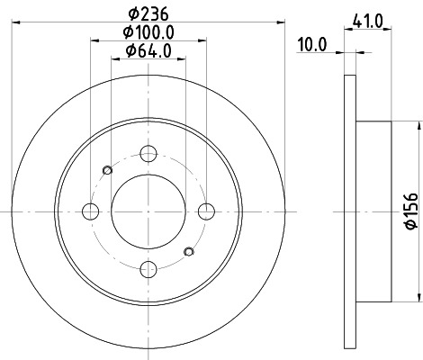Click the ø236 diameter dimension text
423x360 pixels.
coord(149,13)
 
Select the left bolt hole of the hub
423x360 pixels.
coord(91,211)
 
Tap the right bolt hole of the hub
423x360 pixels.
coord(207,211)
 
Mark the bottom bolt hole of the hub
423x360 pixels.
coord(148,268)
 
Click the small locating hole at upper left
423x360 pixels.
coord(109,171)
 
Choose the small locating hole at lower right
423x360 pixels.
coord(188,251)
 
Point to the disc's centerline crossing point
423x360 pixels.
coord(148,211)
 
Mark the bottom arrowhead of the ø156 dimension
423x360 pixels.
coord(418,299)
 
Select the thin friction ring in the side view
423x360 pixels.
coord(350,211)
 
